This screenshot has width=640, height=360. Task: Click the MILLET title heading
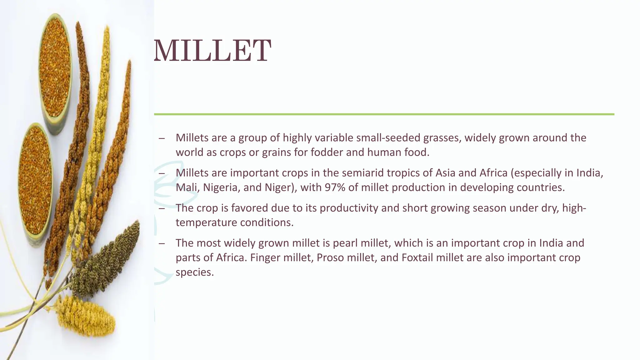[212, 51]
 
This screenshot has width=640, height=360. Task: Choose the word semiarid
[359, 173]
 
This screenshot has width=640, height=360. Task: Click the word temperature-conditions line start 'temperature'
[206, 222]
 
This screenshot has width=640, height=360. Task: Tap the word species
[194, 272]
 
